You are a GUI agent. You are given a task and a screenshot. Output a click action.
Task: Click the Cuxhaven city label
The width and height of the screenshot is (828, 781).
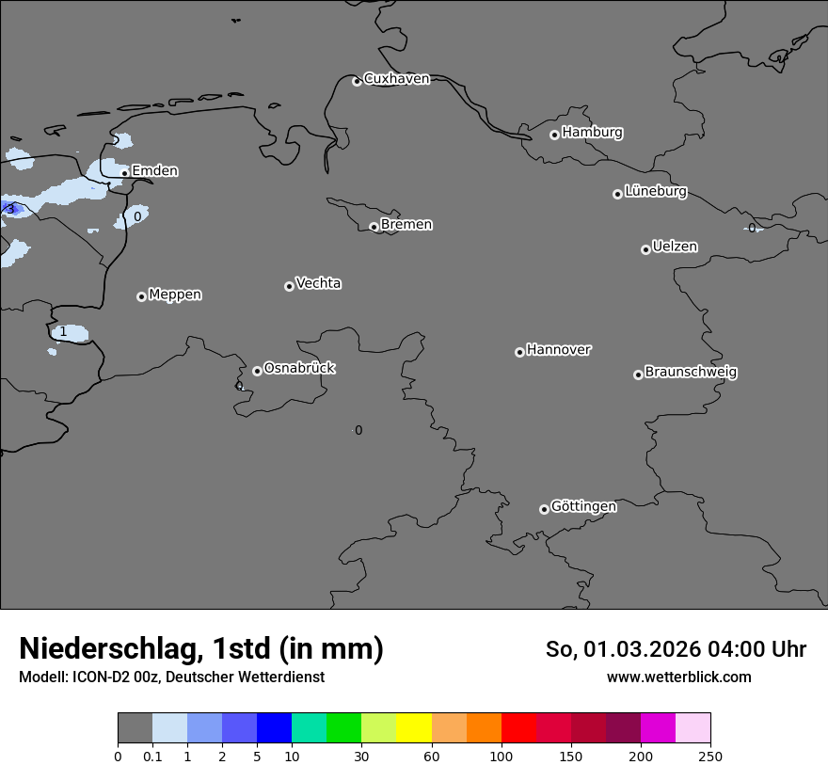coord(396,79)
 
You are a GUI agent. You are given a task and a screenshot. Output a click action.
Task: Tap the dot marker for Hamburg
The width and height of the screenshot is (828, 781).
coord(554,135)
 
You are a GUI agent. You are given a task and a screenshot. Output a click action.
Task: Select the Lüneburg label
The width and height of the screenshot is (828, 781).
coord(655,192)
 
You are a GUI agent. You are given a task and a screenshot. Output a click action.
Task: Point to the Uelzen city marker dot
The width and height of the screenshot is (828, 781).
coord(645,249)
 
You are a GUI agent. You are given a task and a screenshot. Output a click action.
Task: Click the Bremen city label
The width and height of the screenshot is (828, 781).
coord(406,225)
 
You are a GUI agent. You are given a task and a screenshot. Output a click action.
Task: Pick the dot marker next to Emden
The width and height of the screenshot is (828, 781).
coord(124,173)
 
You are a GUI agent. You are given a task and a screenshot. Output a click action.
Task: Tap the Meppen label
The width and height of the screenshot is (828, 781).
coord(175,295)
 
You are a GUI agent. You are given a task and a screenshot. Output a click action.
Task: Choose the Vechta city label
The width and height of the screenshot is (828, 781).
coord(318,283)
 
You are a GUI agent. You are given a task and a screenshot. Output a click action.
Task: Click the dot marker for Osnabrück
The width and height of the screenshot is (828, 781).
coord(257,371)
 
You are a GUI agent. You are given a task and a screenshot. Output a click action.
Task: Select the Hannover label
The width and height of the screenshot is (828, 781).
coord(558,350)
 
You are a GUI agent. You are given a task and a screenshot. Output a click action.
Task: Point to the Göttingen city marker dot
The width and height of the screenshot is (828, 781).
coord(544,509)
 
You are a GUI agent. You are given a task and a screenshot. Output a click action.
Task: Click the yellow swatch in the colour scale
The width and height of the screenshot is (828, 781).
coord(414,728)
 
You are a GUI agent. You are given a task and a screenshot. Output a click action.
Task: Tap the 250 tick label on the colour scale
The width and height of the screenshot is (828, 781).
coord(710,756)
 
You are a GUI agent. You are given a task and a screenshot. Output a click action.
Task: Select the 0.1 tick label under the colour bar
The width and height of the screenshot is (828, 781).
coord(152,756)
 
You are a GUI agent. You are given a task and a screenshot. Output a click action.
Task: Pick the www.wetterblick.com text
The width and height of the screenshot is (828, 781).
coord(678,677)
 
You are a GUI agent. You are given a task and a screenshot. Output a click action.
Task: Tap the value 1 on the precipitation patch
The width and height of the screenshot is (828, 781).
coord(63,332)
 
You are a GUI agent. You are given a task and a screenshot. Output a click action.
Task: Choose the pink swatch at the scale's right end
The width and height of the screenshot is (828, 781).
coord(693,728)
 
